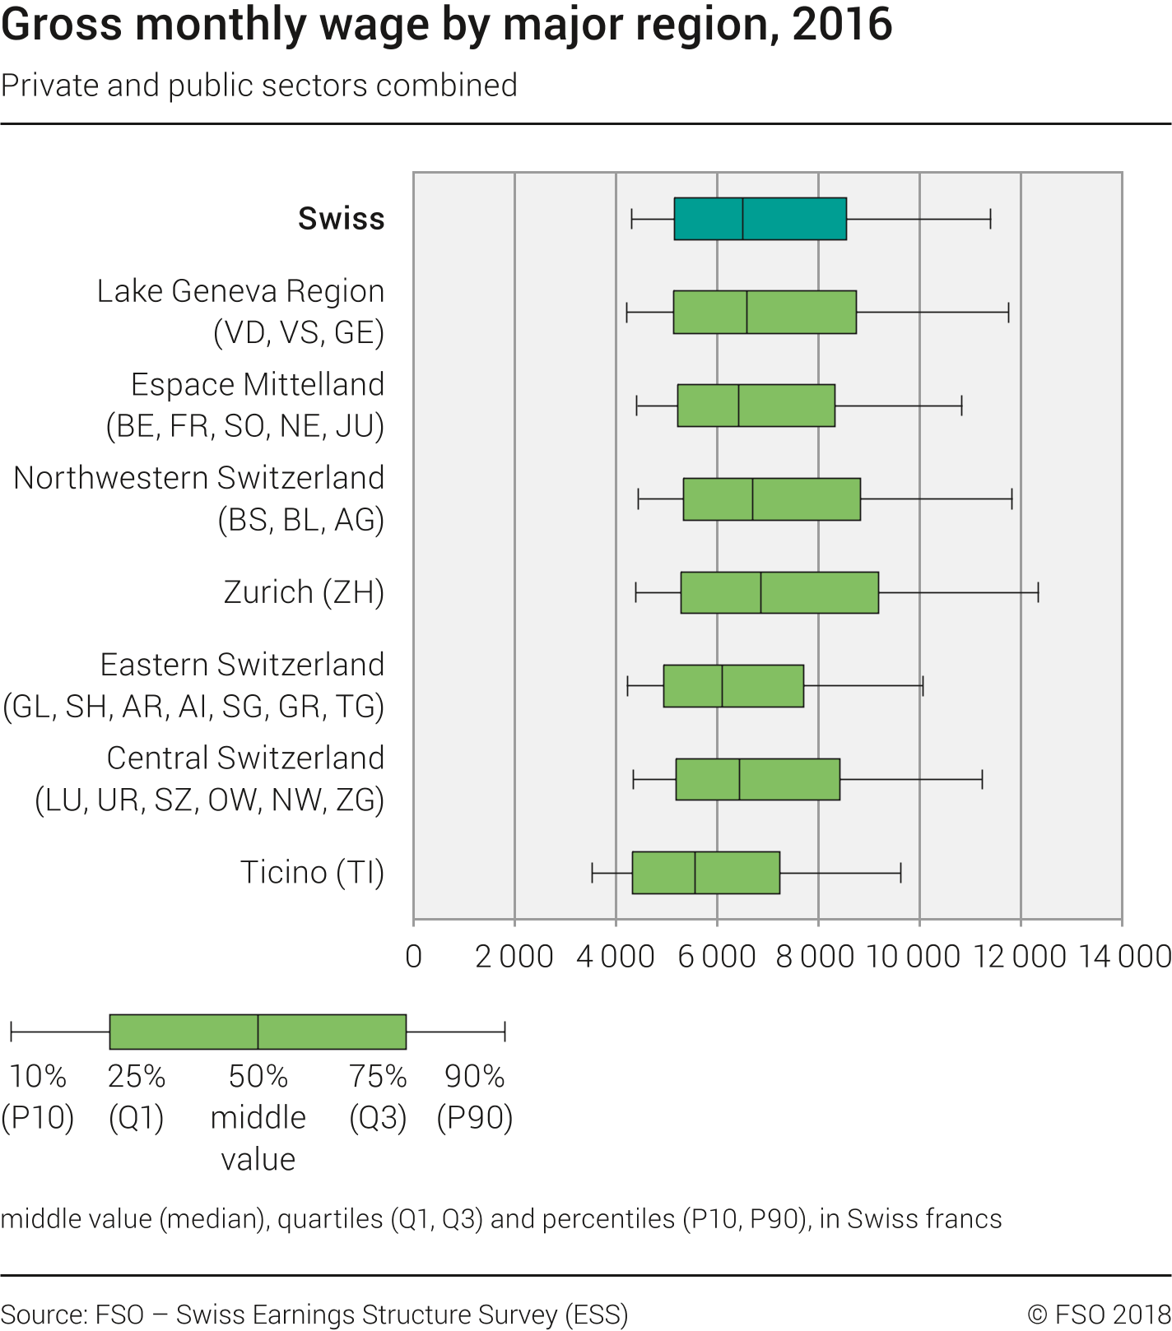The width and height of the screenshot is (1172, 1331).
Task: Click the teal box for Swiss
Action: pos(760,219)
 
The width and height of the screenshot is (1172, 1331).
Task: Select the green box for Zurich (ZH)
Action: pos(779,592)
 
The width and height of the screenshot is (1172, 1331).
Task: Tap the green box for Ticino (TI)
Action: pos(705,873)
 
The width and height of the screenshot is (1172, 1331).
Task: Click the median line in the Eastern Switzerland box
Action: pos(722,686)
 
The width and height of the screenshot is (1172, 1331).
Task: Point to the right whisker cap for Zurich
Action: pos(1038,592)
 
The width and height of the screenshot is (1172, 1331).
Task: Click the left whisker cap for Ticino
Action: pos(592,873)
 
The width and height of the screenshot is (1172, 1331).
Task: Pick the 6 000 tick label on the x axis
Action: pos(716,957)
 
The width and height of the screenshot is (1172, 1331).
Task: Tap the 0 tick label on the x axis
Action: pos(414,957)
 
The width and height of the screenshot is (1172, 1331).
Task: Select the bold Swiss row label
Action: pos(341,219)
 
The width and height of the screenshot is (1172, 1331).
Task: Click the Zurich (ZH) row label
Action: pos(304,592)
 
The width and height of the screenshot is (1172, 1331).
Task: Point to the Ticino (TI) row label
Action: pos(312,873)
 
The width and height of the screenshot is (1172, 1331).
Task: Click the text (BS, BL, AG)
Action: pos(300,520)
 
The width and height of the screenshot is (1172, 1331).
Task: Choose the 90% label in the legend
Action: pos(474,1076)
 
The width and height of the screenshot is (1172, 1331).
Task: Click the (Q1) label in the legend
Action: pos(137,1118)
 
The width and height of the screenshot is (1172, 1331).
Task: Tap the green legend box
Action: pos(258,1032)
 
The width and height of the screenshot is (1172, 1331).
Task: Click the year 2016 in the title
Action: pos(842,25)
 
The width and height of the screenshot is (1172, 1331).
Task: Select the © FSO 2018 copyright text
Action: pos(1098,1314)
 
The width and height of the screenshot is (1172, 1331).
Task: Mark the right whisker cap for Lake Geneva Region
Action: pos(1008,313)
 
